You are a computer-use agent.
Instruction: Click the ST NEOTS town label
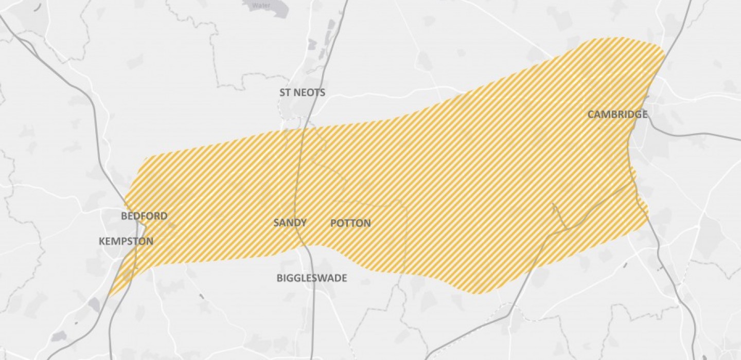tap(302, 93)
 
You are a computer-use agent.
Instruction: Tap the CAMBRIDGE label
tap(617, 114)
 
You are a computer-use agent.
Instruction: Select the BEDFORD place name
tap(144, 216)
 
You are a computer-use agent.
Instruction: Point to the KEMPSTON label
tap(126, 241)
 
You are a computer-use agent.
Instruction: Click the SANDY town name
tap(290, 223)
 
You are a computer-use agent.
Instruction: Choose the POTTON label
tap(350, 223)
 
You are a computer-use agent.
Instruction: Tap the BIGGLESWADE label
tap(312, 278)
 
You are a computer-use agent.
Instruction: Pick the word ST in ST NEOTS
tap(286, 93)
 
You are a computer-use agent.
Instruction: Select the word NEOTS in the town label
tap(310, 93)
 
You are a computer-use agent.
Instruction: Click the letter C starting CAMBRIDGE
tap(591, 114)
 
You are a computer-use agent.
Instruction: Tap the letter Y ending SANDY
tap(304, 223)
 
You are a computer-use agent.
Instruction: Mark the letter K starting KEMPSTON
tap(101, 241)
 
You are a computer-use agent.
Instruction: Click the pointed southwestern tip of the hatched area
tap(110, 295)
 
